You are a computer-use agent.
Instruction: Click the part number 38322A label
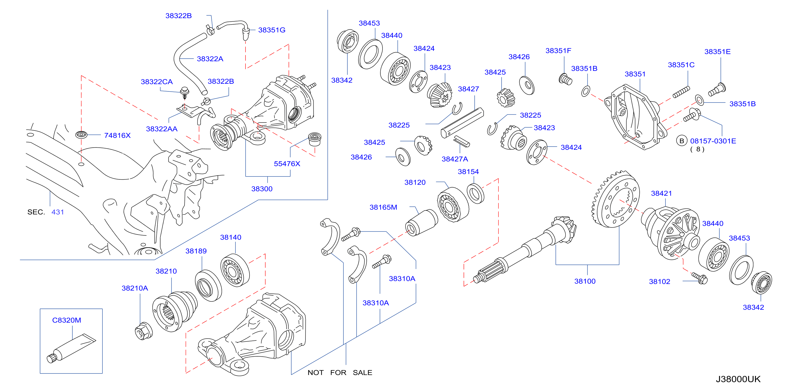point(210,59)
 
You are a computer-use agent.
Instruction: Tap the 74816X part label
point(117,135)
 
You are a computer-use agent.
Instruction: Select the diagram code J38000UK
point(738,379)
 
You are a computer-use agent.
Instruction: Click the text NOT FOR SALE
point(340,372)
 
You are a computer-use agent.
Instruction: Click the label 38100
point(585,281)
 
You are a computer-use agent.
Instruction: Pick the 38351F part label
point(558,50)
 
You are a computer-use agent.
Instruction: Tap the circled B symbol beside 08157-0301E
point(682,141)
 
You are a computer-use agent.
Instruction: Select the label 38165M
point(383,207)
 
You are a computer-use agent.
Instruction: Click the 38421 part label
point(662,193)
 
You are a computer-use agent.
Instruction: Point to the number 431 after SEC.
point(58,212)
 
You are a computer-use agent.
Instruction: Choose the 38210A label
point(135,288)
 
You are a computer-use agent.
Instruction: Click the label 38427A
point(455,159)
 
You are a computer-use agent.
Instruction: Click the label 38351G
point(272,30)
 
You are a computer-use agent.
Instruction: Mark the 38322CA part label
point(157,82)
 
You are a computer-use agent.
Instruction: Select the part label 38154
point(468,171)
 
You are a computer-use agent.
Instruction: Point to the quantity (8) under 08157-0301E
point(697,149)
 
